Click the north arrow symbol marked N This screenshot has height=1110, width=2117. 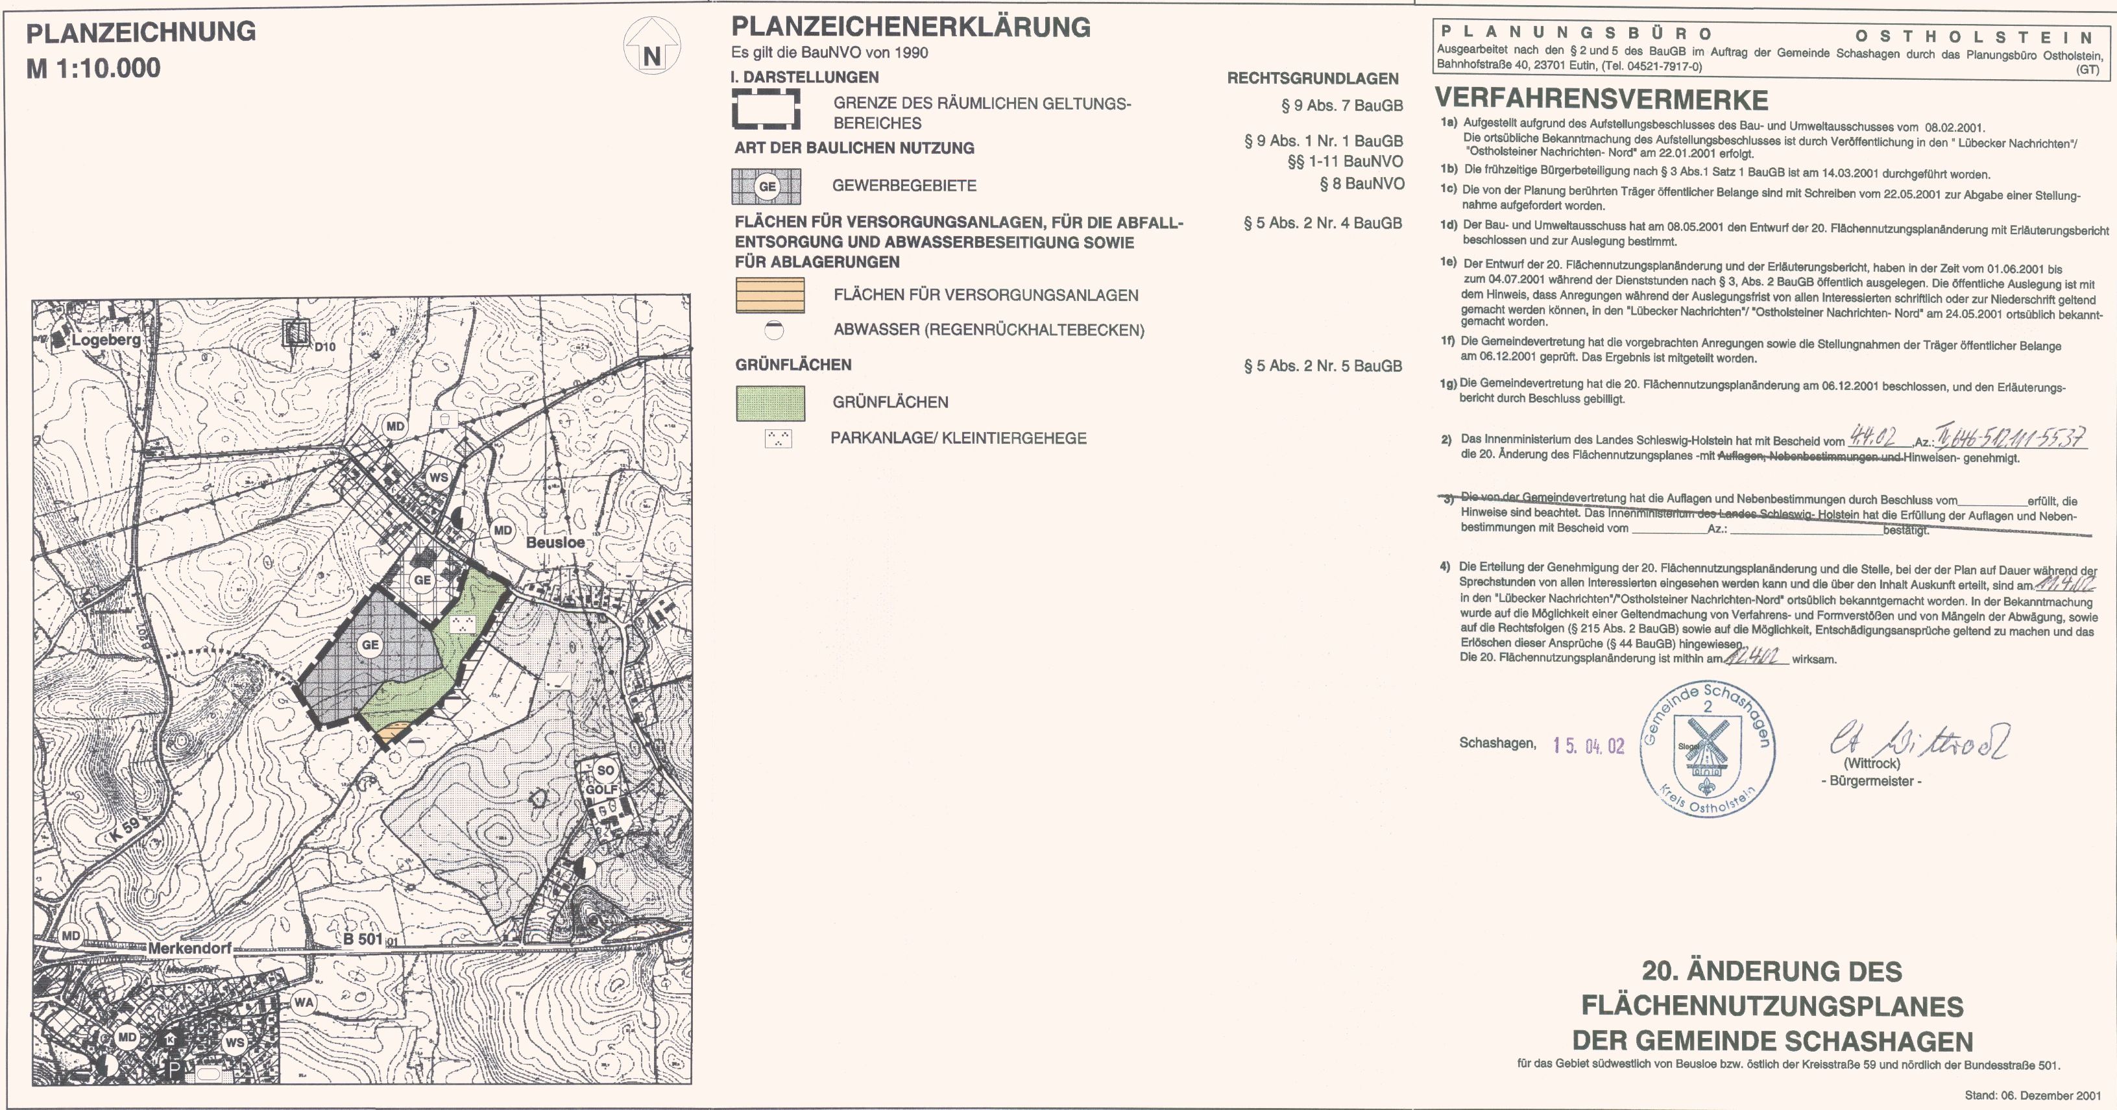(x=651, y=47)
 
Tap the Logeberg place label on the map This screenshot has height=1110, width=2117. (x=106, y=339)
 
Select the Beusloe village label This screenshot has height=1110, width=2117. (x=555, y=543)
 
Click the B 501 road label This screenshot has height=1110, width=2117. (x=363, y=939)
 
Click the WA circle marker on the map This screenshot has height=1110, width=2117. (x=303, y=1002)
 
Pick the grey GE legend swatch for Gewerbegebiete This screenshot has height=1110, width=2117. (x=766, y=186)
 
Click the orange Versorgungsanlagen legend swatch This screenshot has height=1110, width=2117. (x=770, y=296)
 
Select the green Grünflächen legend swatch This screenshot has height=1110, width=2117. (x=770, y=403)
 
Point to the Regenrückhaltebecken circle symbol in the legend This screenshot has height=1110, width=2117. (x=773, y=330)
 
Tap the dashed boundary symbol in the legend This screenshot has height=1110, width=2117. (x=766, y=109)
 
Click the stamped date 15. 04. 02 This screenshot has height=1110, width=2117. (x=1589, y=745)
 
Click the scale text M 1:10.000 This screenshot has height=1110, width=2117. (x=93, y=68)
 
